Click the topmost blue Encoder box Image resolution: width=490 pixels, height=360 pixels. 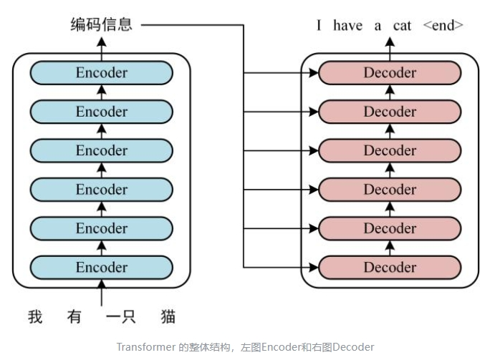point(101,72)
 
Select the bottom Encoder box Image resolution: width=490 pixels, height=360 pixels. point(101,268)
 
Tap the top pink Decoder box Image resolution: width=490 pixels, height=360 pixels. point(389,72)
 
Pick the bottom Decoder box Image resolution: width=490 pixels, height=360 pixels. point(389,268)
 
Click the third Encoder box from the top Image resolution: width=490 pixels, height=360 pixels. point(101,150)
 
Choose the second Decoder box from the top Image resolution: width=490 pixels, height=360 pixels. point(389,112)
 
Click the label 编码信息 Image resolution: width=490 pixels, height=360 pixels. point(101,25)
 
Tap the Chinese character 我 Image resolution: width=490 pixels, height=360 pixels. point(36,316)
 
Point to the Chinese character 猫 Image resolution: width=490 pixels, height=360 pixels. point(168,316)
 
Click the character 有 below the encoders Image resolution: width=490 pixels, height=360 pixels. point(75,316)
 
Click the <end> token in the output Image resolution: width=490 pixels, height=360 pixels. point(443,26)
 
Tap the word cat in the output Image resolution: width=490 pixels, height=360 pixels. point(402,26)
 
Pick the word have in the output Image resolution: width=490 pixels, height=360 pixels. point(348,26)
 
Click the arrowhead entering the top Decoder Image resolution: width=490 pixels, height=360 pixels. point(313,73)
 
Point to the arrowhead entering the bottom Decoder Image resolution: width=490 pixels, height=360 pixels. point(313,268)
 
